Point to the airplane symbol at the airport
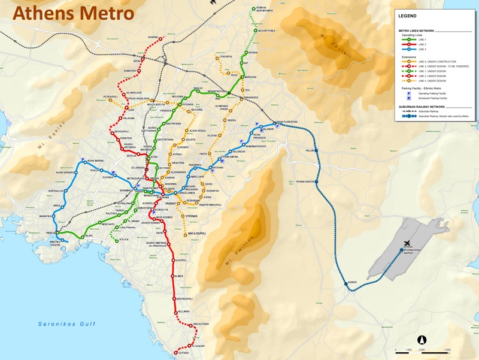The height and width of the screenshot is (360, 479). point(401,250)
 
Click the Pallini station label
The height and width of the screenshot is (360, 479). point(310,151)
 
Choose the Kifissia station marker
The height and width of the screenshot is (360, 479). point(245,53)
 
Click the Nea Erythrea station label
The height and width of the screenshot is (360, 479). point(267,31)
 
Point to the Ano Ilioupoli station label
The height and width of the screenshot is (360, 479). point(197,233)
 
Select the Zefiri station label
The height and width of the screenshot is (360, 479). point(137,60)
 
